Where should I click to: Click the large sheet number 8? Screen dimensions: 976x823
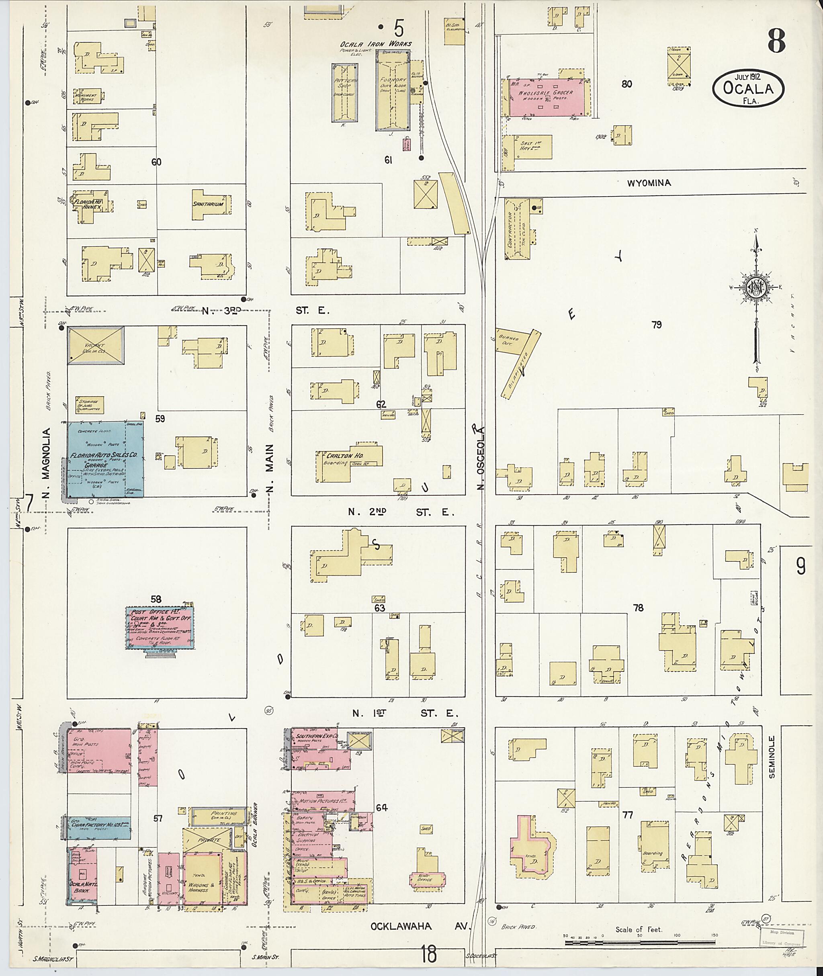(776, 41)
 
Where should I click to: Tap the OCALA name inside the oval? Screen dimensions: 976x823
(747, 88)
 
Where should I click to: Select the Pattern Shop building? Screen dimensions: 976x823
(345, 92)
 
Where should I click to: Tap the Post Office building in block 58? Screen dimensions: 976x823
(160, 628)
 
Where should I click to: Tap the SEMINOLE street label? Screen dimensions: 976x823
(772, 763)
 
